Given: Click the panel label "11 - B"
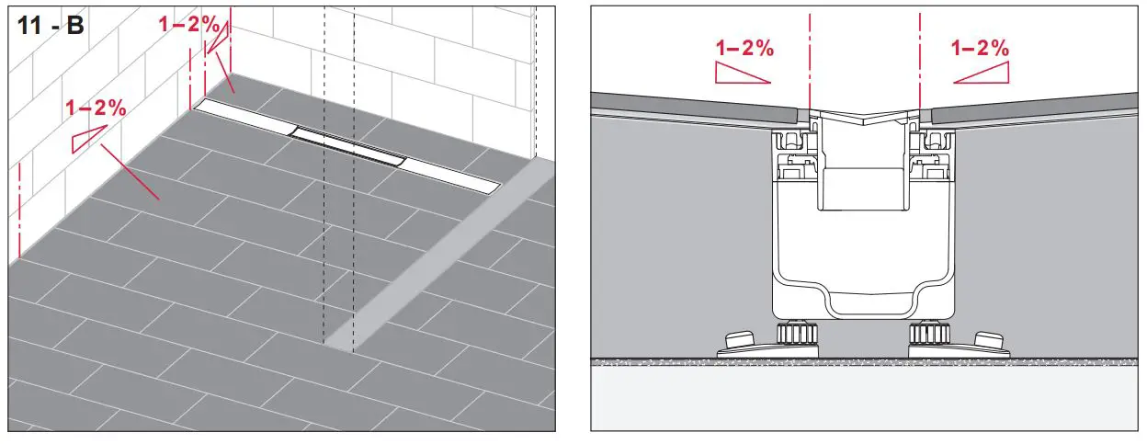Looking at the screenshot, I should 50,24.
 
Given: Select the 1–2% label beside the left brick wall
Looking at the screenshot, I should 96,108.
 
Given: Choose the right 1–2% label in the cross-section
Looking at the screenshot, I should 981,49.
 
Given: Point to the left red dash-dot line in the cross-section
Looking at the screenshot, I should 809,55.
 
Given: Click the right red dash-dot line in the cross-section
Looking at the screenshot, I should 919,55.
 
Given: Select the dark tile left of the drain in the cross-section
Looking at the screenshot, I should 698,107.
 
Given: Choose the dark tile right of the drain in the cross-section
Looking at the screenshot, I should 1034,107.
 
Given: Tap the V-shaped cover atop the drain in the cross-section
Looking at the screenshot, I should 864,119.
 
